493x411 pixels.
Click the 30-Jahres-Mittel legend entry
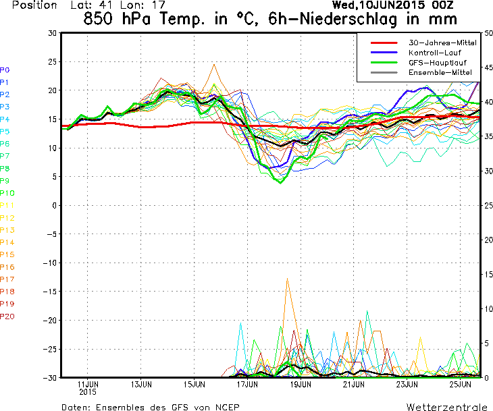point(423,43)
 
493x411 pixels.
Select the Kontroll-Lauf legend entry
point(415,53)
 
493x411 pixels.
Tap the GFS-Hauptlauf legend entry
point(419,63)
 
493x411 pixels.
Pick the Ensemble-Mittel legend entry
point(421,73)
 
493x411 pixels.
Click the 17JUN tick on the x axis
point(247,384)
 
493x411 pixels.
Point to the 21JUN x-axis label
point(354,384)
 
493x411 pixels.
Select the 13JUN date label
point(141,384)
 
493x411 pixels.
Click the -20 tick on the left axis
point(50,320)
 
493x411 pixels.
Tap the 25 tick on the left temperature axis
point(53,61)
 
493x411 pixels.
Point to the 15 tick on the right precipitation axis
point(488,274)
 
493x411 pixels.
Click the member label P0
point(5,70)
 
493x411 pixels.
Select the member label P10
point(7,193)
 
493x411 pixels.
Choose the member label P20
point(7,316)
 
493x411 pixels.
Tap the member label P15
point(7,254)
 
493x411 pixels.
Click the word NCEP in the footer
point(228,407)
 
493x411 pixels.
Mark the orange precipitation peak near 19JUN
point(287,279)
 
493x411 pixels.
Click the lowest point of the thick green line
point(280,183)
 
